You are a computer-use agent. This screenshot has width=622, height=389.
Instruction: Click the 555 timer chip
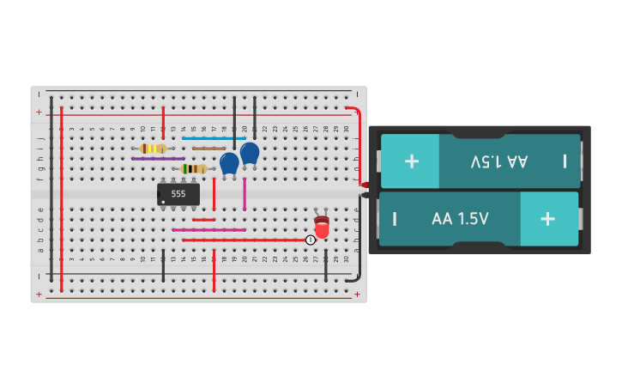(178, 195)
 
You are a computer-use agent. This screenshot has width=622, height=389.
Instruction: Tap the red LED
(322, 228)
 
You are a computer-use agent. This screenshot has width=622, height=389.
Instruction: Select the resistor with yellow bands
(153, 149)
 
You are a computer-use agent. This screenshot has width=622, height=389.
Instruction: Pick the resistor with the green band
(194, 169)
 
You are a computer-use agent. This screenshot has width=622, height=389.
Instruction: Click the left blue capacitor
(229, 162)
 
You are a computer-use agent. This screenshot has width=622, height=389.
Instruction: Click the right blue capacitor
(250, 153)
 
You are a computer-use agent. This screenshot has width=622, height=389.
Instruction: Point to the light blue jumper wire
(214, 138)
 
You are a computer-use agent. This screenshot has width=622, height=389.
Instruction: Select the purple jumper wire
(158, 159)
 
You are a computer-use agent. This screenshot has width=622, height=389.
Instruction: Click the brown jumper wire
(208, 149)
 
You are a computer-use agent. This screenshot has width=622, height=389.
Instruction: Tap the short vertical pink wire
(245, 194)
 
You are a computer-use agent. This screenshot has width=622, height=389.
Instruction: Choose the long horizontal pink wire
(208, 230)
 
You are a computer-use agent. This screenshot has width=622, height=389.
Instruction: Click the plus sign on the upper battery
(412, 161)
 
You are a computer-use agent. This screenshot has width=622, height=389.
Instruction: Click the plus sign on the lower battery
(547, 218)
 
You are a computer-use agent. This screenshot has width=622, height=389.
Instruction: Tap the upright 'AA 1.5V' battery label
(460, 219)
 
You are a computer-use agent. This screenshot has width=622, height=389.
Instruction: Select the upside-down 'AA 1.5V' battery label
(498, 161)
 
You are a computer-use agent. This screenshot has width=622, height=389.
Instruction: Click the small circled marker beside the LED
(311, 240)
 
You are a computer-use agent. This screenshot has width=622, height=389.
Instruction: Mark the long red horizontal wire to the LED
(249, 240)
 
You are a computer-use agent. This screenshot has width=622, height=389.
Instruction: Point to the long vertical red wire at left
(62, 198)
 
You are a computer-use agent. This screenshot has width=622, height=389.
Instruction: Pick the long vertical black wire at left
(51, 189)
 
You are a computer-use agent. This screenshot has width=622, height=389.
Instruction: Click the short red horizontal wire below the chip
(204, 220)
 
